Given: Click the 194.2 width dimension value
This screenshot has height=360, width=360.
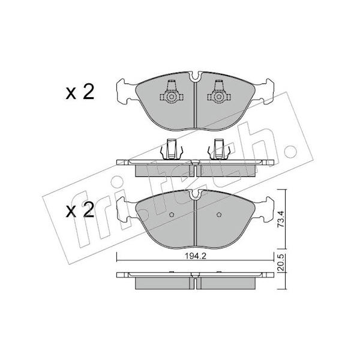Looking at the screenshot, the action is tap(196, 256).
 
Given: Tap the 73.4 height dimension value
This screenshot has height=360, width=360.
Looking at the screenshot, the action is tap(281, 219).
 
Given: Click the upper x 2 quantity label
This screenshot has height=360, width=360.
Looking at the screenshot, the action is tap(80, 92).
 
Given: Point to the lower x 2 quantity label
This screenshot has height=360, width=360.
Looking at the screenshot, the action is tap(80, 210).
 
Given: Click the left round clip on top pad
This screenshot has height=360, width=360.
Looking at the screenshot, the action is tap(171, 97).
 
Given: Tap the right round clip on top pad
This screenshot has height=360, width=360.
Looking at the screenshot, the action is tap(218, 97).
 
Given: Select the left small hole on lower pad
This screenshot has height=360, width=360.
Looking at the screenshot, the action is tap(172, 215).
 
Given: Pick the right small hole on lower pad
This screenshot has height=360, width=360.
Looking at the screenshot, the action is tap(219, 215).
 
